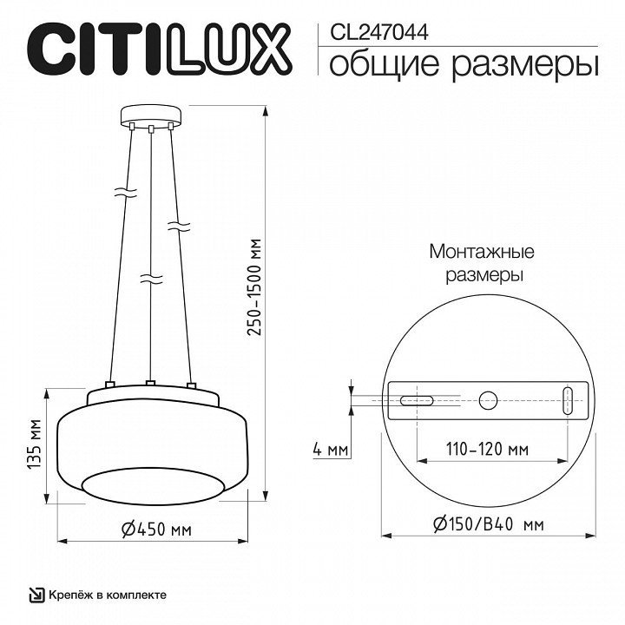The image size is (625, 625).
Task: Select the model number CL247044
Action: pos(379,32)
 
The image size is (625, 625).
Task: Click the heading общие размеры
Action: pos(464,65)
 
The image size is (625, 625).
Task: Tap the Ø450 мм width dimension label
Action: pos(156,530)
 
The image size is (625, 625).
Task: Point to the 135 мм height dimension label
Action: pos(34,444)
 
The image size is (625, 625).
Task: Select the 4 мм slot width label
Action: pos(331,450)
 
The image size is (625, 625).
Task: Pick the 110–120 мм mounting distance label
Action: pos(487,450)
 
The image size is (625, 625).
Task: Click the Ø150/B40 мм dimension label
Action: pos(488,524)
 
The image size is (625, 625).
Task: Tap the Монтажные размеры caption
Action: pos(483,264)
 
